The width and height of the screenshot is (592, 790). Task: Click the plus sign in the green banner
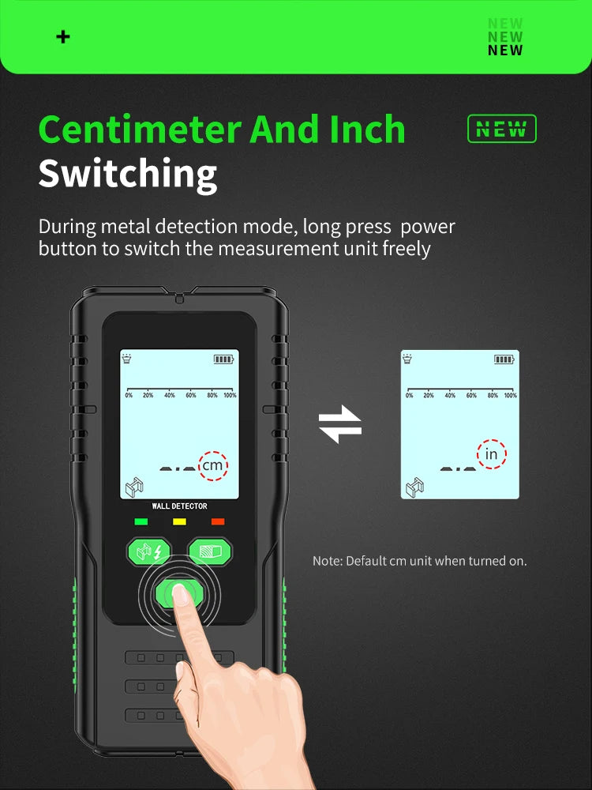coord(63,37)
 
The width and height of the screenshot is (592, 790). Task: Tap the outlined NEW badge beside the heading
coord(502,129)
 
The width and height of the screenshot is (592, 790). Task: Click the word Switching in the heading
coord(128,174)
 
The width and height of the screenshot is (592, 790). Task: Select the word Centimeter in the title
coord(140,129)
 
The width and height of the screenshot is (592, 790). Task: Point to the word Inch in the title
coord(368,129)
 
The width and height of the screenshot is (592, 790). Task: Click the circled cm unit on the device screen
coord(213,465)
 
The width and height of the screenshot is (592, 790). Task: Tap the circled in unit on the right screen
coord(491,454)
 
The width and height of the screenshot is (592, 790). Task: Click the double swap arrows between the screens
coord(340,424)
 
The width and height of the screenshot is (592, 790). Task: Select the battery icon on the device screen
coord(224,359)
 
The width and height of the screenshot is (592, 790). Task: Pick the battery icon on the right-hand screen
coord(504,359)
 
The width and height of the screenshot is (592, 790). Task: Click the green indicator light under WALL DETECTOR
coord(141,521)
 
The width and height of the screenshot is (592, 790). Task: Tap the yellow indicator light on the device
coord(180,521)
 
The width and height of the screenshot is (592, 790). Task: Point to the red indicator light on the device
coord(218,521)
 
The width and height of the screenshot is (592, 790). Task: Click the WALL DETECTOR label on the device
coord(180,506)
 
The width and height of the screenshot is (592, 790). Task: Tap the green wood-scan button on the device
coord(210,551)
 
